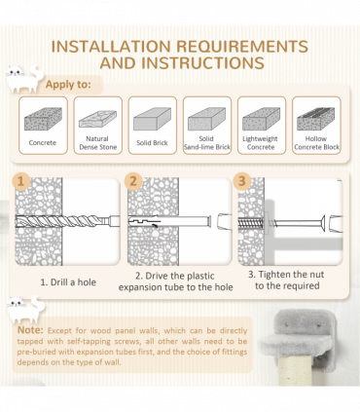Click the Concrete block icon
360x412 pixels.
(43, 119)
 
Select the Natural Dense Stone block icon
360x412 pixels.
(97, 119)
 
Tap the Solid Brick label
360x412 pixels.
(152, 143)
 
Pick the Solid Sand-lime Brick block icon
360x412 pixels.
(207, 119)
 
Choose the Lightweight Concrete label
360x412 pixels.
(261, 143)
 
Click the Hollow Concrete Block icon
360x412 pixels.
(316, 119)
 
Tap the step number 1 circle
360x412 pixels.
(21, 181)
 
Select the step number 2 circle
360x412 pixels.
(133, 181)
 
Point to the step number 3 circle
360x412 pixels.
(242, 181)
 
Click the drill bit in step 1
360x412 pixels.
(67, 221)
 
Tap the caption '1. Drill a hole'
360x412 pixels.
(68, 282)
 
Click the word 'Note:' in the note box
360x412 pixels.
(30, 330)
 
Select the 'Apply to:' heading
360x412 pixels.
(68, 85)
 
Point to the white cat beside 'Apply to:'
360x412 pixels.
(24, 79)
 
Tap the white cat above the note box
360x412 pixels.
(26, 310)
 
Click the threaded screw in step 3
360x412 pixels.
(252, 223)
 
